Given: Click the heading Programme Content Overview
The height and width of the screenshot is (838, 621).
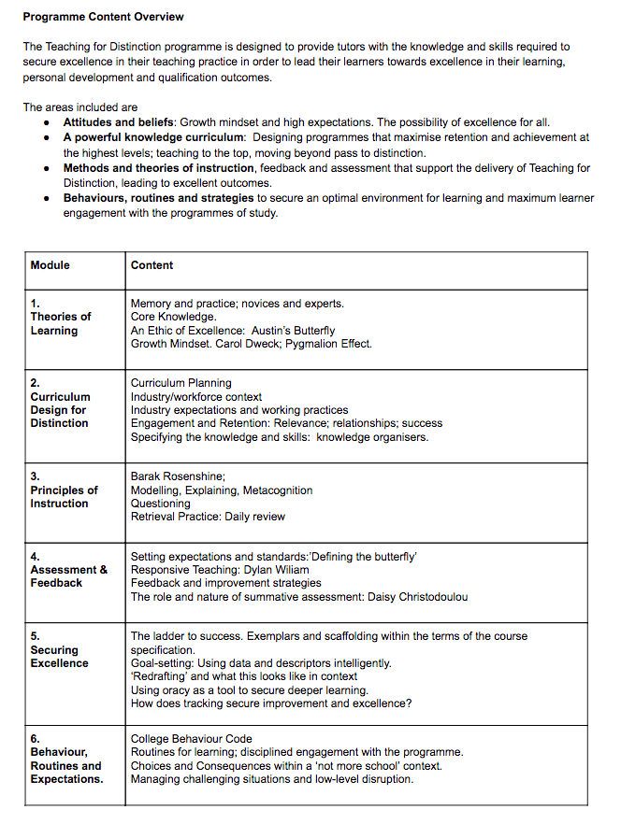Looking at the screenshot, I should click(x=103, y=17).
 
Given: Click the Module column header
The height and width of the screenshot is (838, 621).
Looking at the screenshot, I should click(x=50, y=265).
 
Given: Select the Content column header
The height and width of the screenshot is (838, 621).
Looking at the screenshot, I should click(x=152, y=265).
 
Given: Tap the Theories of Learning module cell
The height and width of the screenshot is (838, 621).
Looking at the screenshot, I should click(x=60, y=317).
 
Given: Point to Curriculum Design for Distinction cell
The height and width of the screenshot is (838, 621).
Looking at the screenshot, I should click(x=60, y=403).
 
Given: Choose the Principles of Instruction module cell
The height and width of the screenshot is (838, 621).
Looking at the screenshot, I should click(x=64, y=490).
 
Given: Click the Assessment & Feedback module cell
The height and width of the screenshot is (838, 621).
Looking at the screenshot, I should click(x=68, y=570).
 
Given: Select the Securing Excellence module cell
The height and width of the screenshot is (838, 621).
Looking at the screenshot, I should click(x=59, y=650).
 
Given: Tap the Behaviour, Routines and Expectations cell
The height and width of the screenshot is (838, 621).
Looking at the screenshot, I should click(x=66, y=759).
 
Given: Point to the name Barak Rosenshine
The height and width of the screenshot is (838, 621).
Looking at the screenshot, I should click(x=177, y=476).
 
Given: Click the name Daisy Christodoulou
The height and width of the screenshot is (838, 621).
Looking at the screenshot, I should click(x=412, y=597).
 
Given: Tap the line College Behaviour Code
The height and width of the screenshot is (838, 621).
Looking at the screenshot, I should click(x=191, y=739).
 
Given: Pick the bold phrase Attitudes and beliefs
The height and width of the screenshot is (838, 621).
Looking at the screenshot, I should click(x=120, y=122).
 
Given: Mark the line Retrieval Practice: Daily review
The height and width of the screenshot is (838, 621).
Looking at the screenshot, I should click(x=208, y=517).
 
